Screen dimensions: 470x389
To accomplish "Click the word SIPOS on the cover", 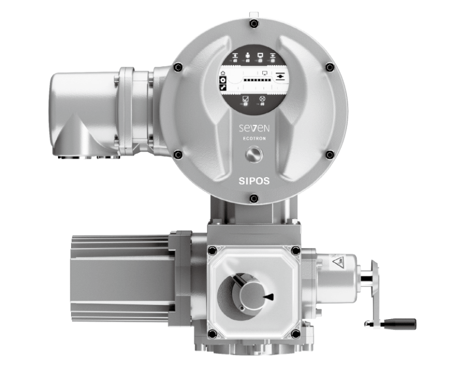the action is click(254, 181).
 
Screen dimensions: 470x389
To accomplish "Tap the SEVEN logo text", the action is click(254, 128).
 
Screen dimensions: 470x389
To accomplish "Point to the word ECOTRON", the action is click(254, 139).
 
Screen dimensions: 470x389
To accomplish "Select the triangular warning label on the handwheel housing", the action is click(338, 262).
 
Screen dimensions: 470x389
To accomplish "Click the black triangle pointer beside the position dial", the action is click(269, 297).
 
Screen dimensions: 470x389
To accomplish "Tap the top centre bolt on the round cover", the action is click(254, 23).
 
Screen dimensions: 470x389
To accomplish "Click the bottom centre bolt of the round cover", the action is click(254, 198).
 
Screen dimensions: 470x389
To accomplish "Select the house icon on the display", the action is click(223, 73).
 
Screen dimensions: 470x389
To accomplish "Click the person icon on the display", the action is click(247, 56).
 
